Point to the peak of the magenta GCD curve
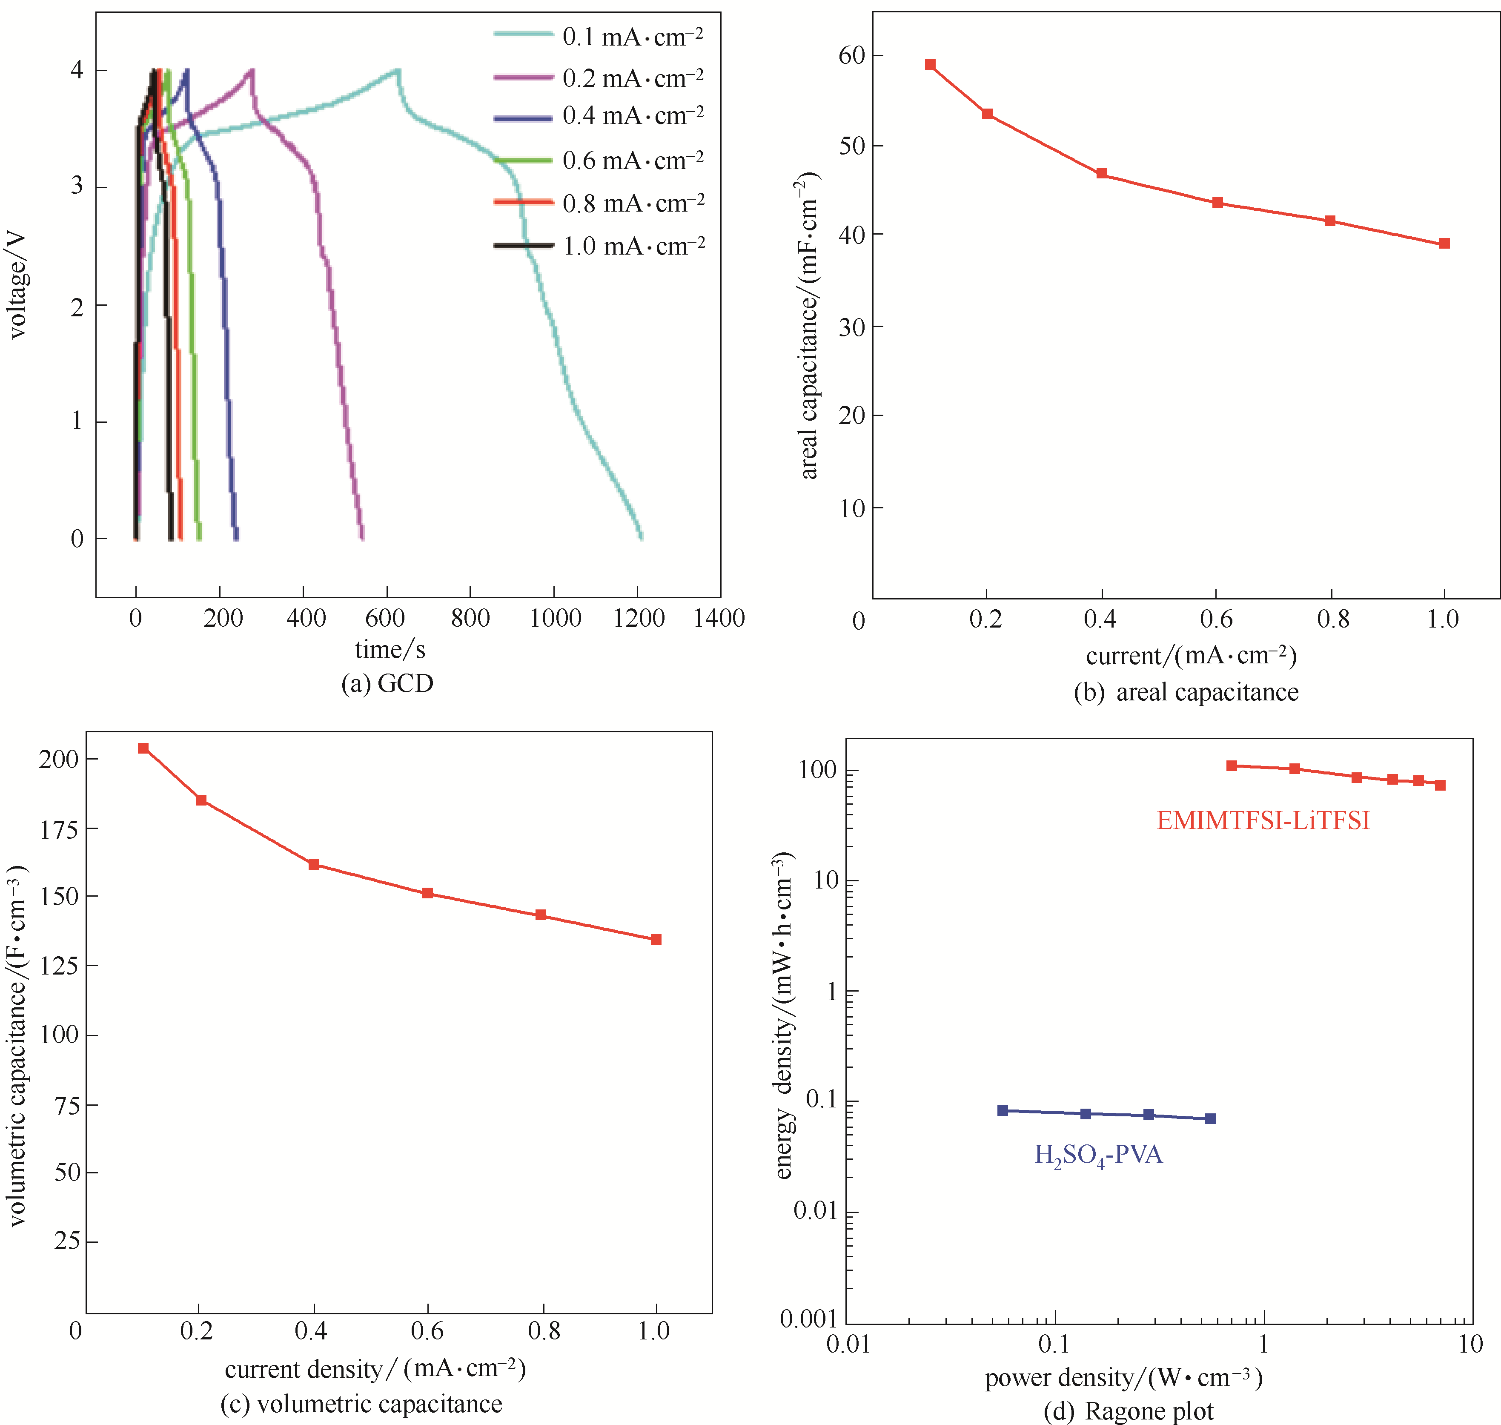click(x=252, y=71)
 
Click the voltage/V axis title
click(x=17, y=285)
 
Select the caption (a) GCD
click(x=387, y=684)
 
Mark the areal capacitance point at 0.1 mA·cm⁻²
click(x=930, y=65)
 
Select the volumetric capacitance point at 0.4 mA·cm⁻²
click(x=314, y=864)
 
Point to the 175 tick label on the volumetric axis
click(x=59, y=829)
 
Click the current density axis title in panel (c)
click(x=375, y=1369)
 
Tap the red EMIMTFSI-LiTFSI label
click(x=1263, y=820)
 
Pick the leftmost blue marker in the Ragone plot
click(x=1003, y=1110)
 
